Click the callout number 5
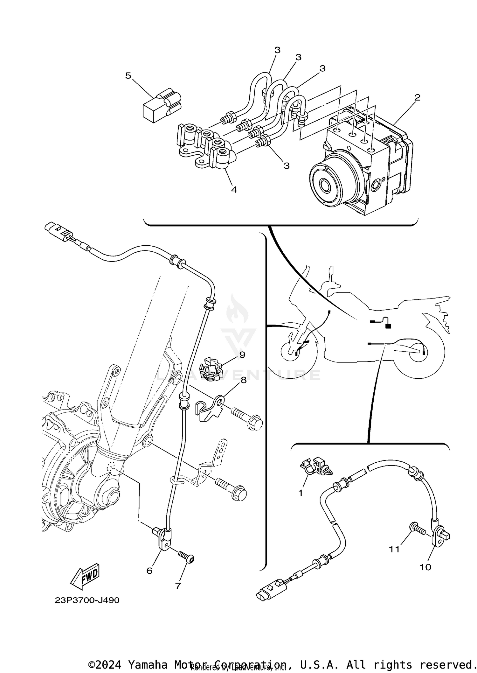coord(128,76)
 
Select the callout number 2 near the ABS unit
coord(417,97)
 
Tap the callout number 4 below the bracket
coord(234,190)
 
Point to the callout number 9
coord(242,354)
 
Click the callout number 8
coord(243,380)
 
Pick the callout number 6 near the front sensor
coord(149,571)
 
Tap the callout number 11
coord(394,549)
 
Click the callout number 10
coord(425,567)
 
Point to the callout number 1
coord(301,493)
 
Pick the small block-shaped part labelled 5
coord(161,107)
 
